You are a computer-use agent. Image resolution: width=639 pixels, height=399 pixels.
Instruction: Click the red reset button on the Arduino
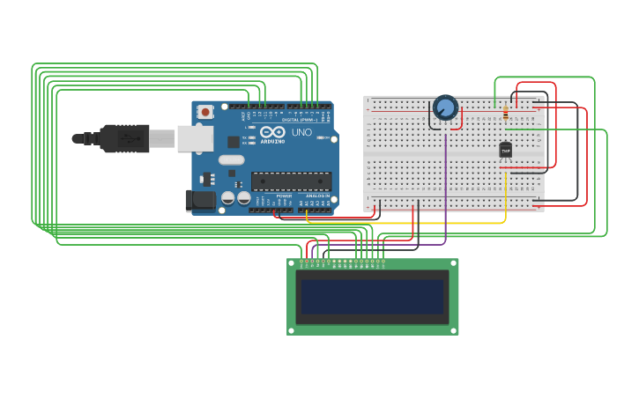point(205,112)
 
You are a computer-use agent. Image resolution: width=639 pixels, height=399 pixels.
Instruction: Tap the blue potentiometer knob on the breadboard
point(446,108)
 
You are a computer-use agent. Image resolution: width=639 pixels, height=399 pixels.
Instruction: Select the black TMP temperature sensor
point(505,151)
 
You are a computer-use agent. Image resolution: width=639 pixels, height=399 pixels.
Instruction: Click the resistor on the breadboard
point(505,113)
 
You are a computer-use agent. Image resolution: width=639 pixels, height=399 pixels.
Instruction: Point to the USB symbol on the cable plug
point(129,138)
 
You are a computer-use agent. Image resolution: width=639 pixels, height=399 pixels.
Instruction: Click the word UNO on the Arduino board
point(301,132)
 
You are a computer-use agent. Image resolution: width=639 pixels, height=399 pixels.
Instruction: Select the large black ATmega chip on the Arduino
point(291,181)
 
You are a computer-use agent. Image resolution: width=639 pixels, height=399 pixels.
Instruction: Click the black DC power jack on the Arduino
point(200,201)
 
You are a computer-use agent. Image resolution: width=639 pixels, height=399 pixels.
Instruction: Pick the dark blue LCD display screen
point(372,297)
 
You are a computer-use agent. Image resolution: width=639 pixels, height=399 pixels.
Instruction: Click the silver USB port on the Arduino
point(195,138)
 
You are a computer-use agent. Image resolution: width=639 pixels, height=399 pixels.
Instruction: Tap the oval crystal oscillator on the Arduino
point(231,160)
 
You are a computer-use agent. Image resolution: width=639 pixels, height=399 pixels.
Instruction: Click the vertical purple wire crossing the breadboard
point(446,176)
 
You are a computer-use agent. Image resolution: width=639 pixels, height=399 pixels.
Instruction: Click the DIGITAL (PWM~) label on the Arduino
point(300,119)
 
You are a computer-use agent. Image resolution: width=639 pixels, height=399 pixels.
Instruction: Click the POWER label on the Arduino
point(284,196)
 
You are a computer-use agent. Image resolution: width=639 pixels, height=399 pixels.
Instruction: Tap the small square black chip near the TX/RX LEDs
point(234,141)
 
